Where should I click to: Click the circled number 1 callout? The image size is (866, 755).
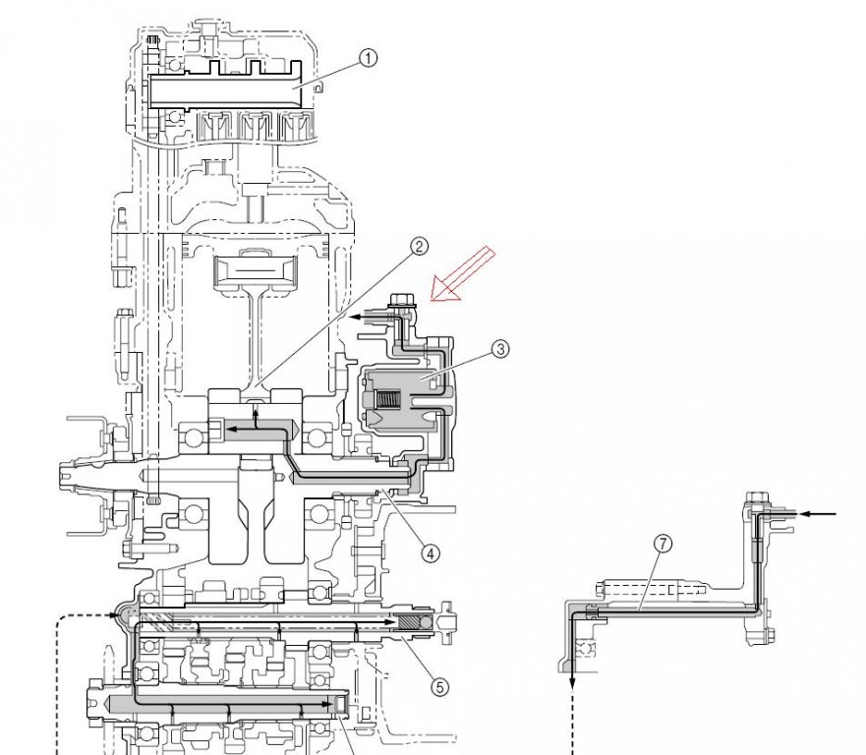pos(368,59)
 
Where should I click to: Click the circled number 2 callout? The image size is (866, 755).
pos(419,247)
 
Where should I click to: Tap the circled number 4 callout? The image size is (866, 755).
pos(430,552)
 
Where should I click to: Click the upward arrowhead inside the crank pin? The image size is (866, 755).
pos(258,416)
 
